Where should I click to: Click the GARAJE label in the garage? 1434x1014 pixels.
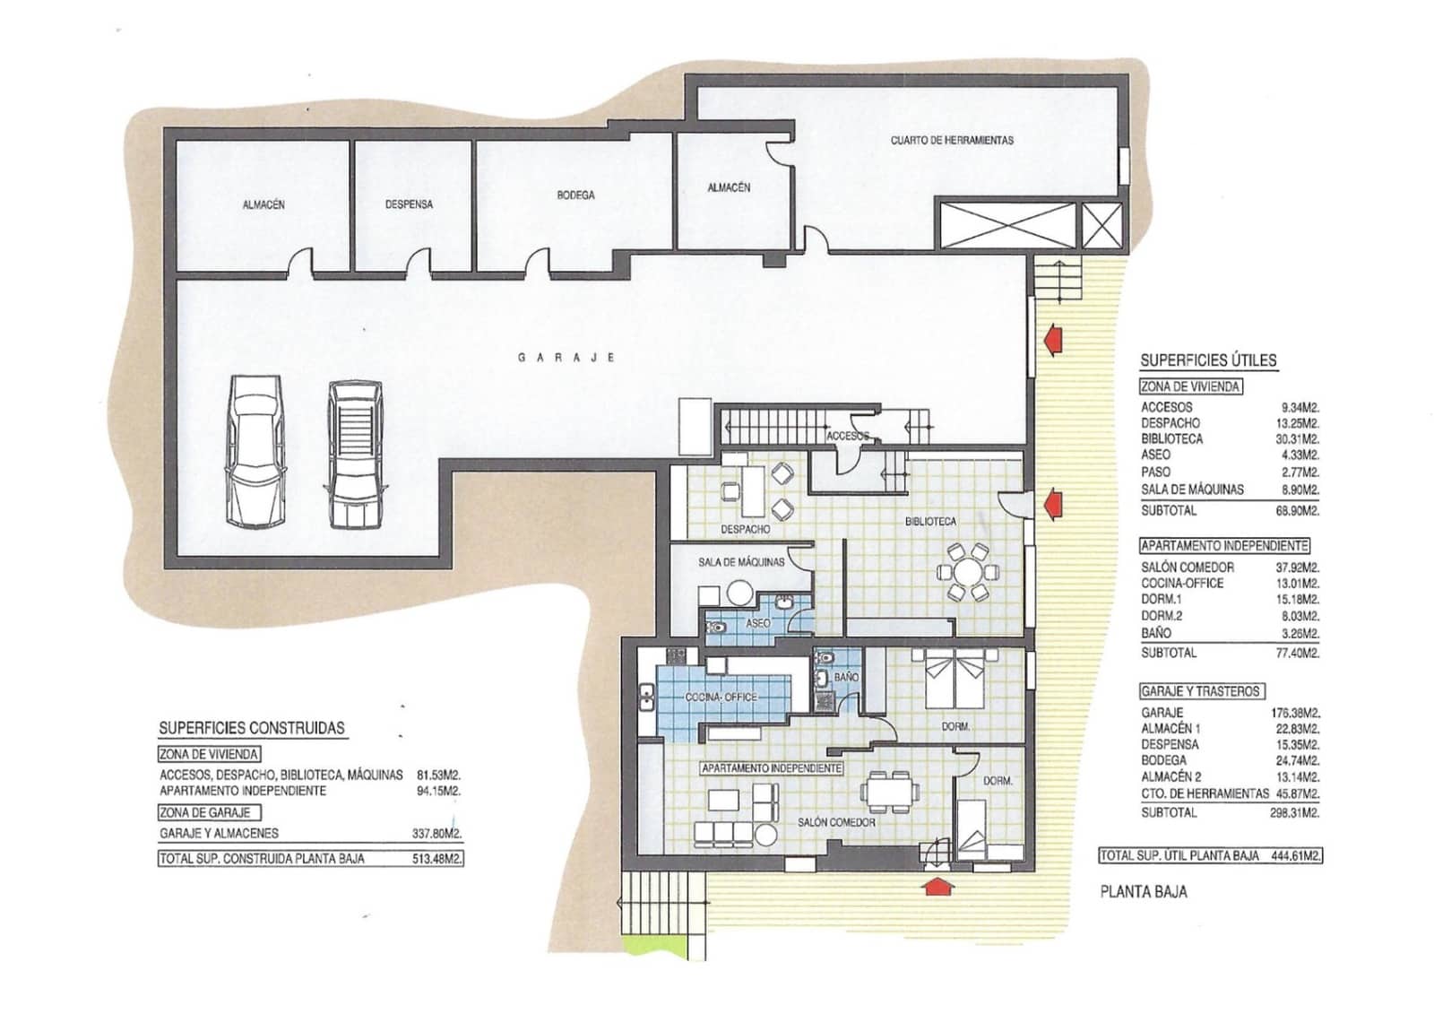tap(566, 358)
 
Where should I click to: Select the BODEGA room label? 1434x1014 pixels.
tap(575, 195)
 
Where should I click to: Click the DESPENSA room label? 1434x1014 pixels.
tap(409, 204)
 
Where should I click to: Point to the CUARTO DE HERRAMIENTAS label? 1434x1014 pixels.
tap(952, 141)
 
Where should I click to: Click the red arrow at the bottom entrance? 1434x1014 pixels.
tap(937, 886)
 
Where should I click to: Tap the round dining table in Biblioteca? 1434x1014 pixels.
tap(967, 572)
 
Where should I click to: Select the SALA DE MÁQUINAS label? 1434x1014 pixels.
tap(740, 562)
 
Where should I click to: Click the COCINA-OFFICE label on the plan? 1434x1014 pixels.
tap(721, 697)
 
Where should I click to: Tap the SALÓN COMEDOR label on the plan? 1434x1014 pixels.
tap(836, 822)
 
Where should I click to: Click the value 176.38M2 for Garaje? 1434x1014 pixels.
tap(1295, 713)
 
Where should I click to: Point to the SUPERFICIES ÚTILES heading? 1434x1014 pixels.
tap(1208, 360)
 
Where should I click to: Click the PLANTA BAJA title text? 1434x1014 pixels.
tap(1143, 892)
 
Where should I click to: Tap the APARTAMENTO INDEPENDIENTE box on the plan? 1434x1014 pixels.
tap(772, 768)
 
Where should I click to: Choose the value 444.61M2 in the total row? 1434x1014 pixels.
tap(1295, 856)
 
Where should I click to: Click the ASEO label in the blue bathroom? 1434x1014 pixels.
tap(757, 622)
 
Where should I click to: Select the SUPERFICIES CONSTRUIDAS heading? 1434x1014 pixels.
tap(251, 728)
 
